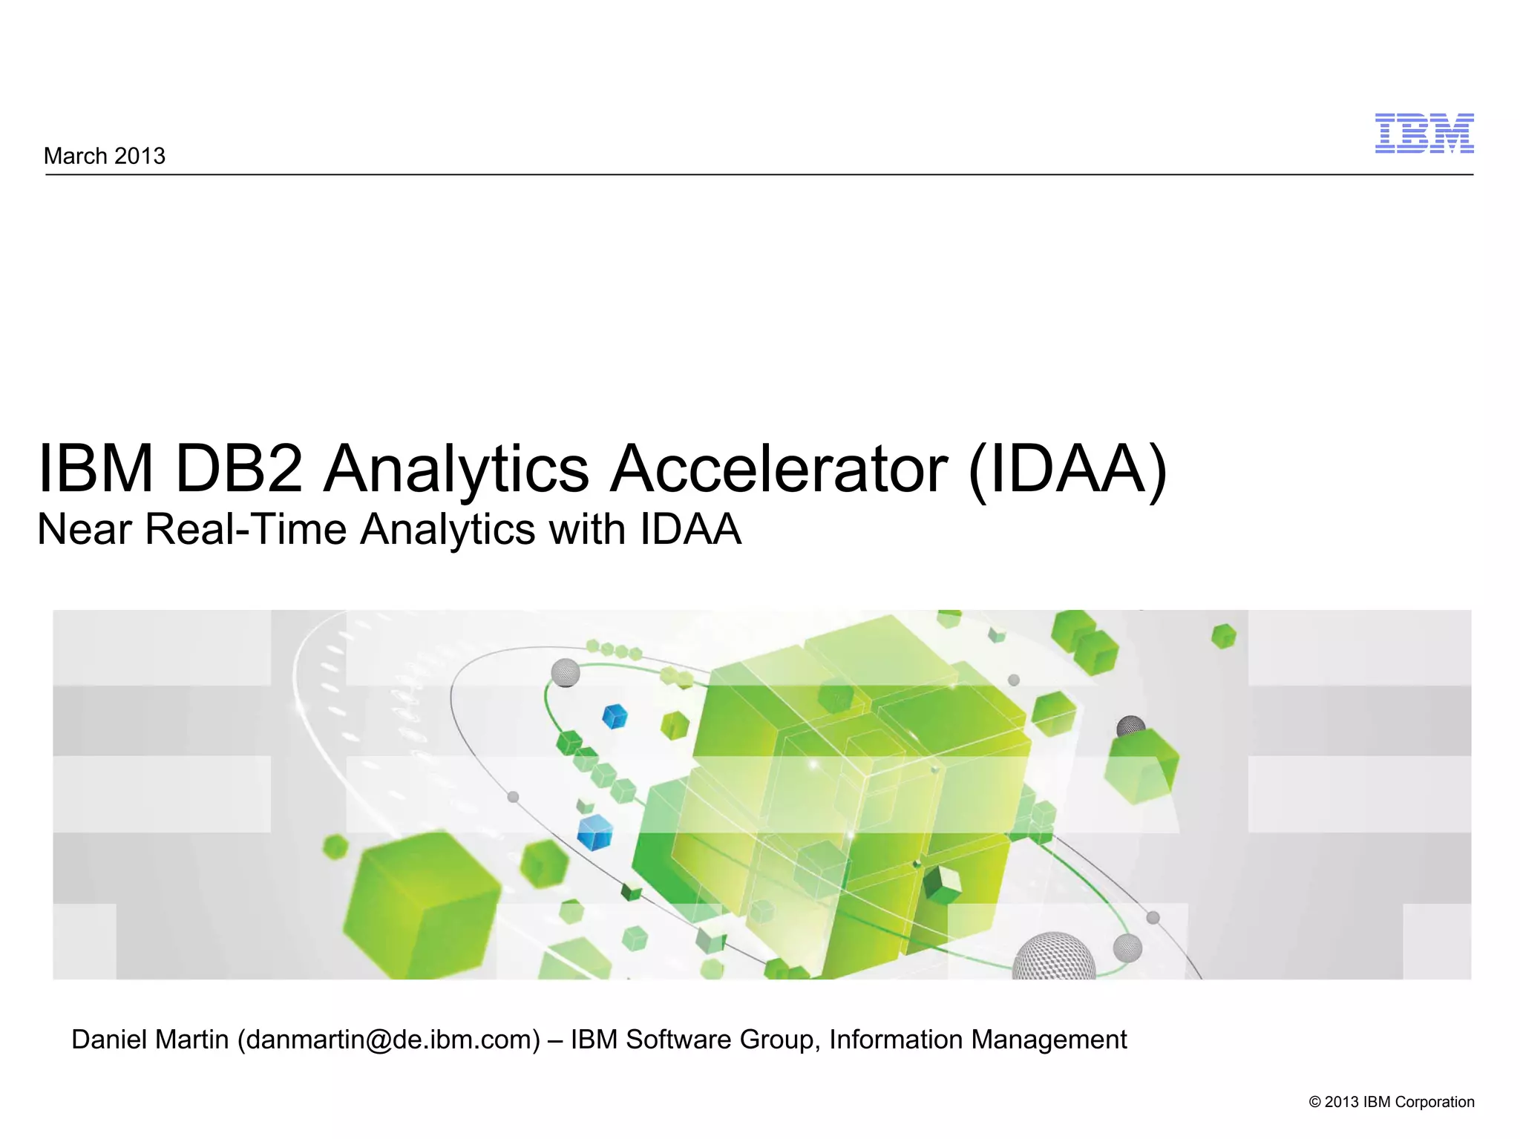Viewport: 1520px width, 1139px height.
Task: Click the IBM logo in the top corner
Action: pyautogui.click(x=1424, y=134)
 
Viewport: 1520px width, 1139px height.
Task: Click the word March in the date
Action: pyautogui.click(x=75, y=156)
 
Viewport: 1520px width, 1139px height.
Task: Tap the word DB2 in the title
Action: pyautogui.click(x=239, y=468)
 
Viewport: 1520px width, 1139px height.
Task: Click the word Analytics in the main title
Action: pyautogui.click(x=456, y=468)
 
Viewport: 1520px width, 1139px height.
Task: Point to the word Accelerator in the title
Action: pyautogui.click(x=778, y=468)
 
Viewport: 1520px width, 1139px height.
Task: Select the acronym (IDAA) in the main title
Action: pyautogui.click(x=1067, y=470)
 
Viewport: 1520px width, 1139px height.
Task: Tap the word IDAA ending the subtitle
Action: pyautogui.click(x=690, y=529)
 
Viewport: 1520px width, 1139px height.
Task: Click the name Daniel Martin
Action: pyautogui.click(x=150, y=1040)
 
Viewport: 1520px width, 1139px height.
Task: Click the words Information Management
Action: pyautogui.click(x=977, y=1040)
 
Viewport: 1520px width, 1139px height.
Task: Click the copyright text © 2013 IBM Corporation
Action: pyautogui.click(x=1391, y=1102)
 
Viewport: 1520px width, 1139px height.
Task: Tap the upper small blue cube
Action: pyautogui.click(x=615, y=717)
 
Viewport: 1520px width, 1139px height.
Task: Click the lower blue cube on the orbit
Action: pyautogui.click(x=595, y=832)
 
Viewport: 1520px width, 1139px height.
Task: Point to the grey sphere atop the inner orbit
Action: pyautogui.click(x=566, y=672)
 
